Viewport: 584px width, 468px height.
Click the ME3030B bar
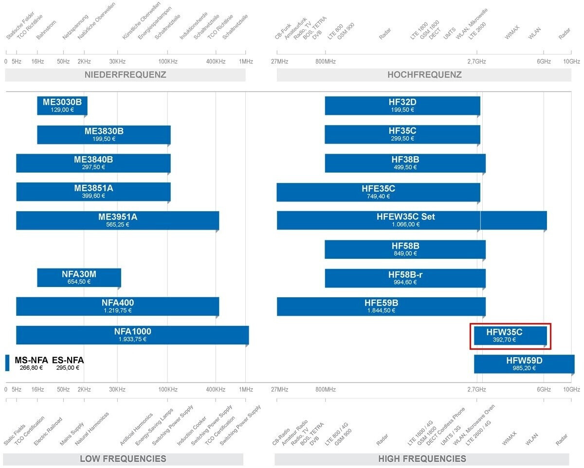coord(62,106)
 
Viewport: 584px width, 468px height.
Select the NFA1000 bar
coord(132,335)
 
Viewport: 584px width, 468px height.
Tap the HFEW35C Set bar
coord(412,220)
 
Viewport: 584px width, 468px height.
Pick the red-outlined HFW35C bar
coord(510,336)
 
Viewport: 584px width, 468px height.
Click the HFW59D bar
coord(524,364)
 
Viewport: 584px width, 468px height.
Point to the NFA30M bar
coord(79,278)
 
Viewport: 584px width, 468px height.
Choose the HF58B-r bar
coord(405,278)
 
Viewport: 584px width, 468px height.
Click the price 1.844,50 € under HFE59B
coord(381,310)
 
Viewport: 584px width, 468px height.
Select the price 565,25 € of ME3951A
coord(117,225)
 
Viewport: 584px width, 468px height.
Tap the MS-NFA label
coord(31,360)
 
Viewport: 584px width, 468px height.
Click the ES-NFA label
coord(68,360)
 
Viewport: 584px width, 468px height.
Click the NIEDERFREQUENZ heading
coord(125,75)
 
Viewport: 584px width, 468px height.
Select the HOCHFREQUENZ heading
coord(424,75)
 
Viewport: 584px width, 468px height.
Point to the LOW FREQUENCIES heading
coord(123,459)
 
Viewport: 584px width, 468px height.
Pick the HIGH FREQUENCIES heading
coord(422,459)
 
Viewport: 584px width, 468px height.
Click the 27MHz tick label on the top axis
coord(279,62)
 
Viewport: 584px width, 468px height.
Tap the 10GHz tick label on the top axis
coord(571,62)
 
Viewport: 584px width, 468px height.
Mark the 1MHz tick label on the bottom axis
coord(246,390)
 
